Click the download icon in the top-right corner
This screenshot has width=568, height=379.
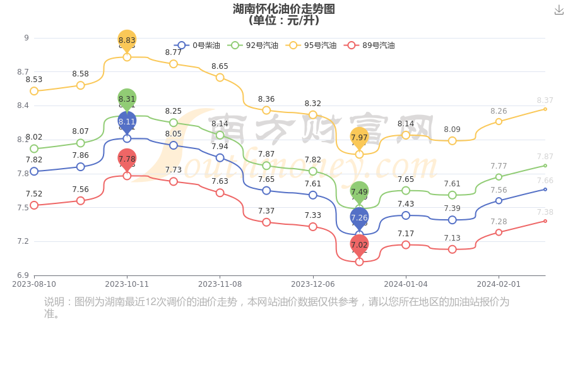click(559, 9)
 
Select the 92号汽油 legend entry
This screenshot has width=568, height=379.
click(253, 45)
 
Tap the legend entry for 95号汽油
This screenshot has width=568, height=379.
click(311, 45)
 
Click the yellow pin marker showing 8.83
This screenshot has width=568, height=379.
click(127, 40)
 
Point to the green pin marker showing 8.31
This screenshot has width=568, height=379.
click(127, 99)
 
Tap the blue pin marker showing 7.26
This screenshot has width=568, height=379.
click(359, 218)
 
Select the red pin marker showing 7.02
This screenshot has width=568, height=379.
click(359, 245)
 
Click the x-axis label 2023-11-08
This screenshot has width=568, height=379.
click(220, 284)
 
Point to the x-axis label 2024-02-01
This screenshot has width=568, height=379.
click(499, 284)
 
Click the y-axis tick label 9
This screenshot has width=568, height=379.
click(27, 38)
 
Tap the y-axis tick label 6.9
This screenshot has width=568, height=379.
click(23, 275)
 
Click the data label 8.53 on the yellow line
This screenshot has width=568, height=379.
click(34, 80)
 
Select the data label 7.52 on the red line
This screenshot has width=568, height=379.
click(34, 194)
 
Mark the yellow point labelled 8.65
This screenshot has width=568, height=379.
click(220, 77)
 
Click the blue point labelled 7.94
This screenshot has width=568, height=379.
click(220, 158)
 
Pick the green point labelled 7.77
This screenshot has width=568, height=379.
click(499, 177)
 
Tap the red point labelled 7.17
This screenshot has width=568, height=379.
click(406, 244)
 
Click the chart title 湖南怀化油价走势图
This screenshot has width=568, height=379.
click(283, 9)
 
